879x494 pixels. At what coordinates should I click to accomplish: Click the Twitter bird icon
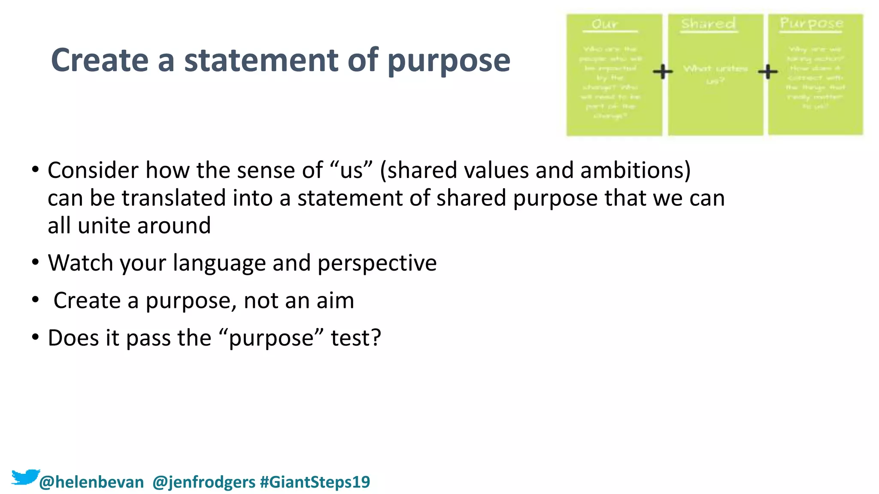pyautogui.click(x=25, y=477)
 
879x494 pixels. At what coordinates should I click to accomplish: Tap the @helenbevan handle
pyautogui.click(x=91, y=482)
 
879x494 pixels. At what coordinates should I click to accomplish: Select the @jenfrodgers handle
pyautogui.click(x=204, y=482)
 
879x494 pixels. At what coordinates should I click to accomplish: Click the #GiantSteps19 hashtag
pyautogui.click(x=315, y=482)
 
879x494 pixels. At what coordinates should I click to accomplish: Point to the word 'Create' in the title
pyautogui.click(x=100, y=60)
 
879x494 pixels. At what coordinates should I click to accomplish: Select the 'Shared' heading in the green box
pyautogui.click(x=708, y=24)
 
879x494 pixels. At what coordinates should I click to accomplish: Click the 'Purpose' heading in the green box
pyautogui.click(x=811, y=23)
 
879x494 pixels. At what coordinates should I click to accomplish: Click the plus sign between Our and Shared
pyautogui.click(x=663, y=72)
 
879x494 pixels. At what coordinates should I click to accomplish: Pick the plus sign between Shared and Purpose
pyautogui.click(x=767, y=72)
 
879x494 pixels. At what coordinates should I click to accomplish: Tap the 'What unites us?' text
pyautogui.click(x=715, y=74)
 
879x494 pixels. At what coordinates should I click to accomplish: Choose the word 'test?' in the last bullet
pyautogui.click(x=356, y=338)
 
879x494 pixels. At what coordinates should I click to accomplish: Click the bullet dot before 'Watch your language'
pyautogui.click(x=35, y=262)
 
